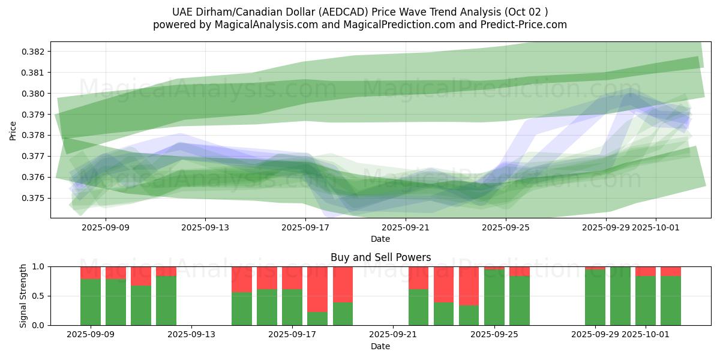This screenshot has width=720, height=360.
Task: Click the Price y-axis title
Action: click(x=13, y=130)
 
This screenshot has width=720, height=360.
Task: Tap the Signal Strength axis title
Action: click(x=23, y=296)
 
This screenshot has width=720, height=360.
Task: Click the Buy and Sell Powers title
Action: click(x=380, y=257)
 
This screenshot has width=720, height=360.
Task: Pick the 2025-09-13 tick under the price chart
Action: click(x=205, y=227)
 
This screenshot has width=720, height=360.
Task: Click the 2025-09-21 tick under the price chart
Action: click(x=406, y=227)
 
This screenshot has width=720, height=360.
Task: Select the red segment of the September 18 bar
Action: click(x=317, y=289)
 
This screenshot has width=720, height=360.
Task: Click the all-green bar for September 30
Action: click(x=620, y=296)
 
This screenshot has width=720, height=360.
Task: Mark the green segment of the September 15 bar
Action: click(x=242, y=308)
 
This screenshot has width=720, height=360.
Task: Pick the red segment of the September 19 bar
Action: click(x=343, y=284)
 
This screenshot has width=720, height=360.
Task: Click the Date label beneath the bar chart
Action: click(x=380, y=346)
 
